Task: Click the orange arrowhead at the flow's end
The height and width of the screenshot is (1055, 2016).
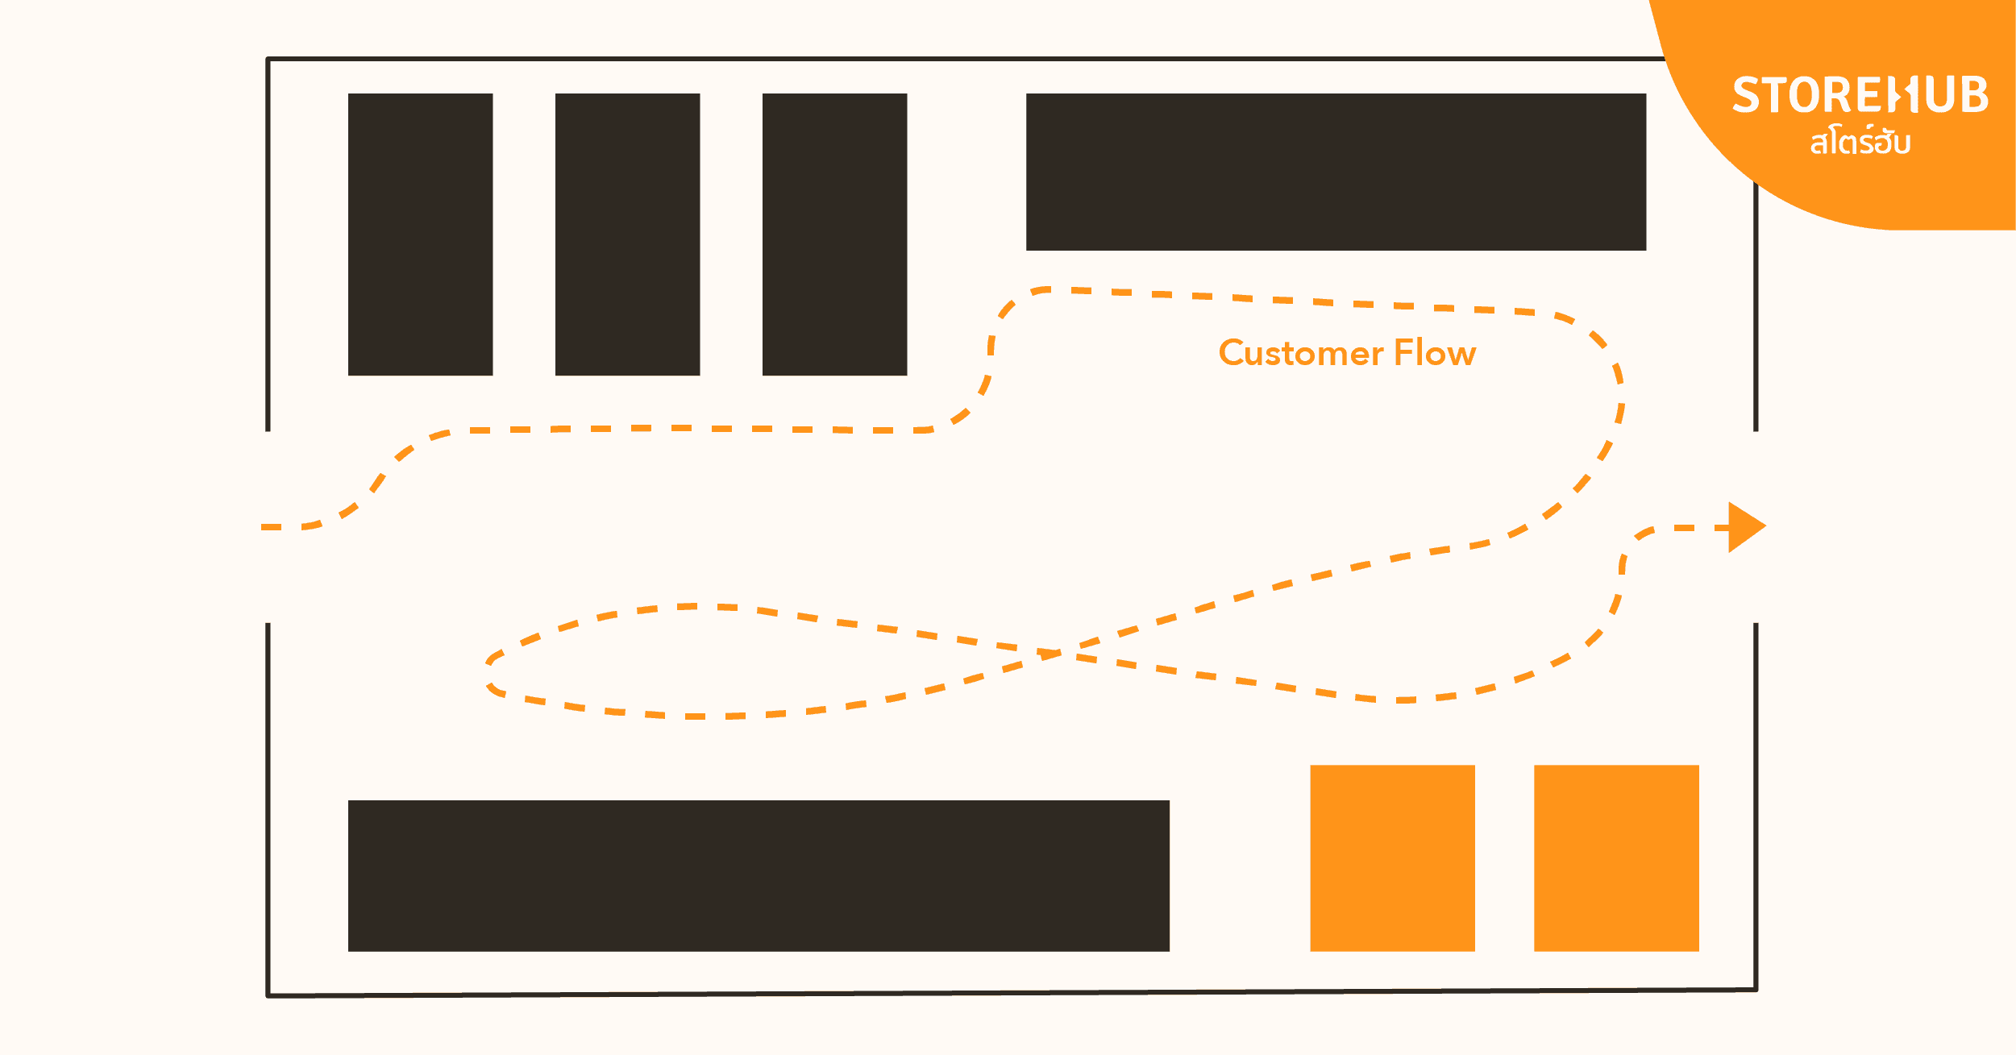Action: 1744,527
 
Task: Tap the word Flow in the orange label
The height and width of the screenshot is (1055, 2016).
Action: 1435,353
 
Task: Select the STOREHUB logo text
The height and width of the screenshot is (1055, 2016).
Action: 1860,95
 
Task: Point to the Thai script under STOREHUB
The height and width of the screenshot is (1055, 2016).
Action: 1860,143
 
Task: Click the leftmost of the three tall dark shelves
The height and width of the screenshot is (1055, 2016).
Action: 420,234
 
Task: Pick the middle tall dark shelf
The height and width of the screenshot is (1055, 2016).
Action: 627,234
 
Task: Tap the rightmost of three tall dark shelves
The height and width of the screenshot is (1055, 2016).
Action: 834,234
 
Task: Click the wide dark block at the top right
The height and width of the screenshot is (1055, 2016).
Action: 1336,172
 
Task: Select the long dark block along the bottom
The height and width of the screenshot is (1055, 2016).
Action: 759,875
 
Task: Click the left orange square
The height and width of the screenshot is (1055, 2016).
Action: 1392,858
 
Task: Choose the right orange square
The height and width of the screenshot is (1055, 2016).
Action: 1616,858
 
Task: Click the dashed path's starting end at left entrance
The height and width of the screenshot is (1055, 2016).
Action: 266,527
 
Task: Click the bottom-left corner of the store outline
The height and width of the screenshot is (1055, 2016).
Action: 268,995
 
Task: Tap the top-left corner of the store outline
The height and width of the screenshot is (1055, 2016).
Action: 268,59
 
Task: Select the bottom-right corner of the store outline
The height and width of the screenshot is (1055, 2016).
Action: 1756,990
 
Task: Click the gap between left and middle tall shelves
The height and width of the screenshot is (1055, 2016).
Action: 524,234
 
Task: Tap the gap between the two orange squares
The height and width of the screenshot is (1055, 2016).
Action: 1504,858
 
